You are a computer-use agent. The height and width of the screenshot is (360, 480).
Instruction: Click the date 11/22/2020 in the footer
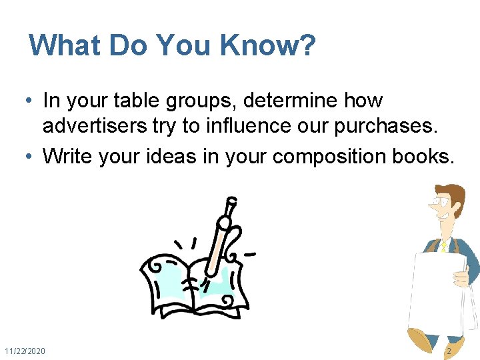coord(25,351)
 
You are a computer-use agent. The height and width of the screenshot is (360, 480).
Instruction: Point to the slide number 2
coord(449,351)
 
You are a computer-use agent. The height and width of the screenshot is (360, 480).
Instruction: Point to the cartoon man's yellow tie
coord(442,246)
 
